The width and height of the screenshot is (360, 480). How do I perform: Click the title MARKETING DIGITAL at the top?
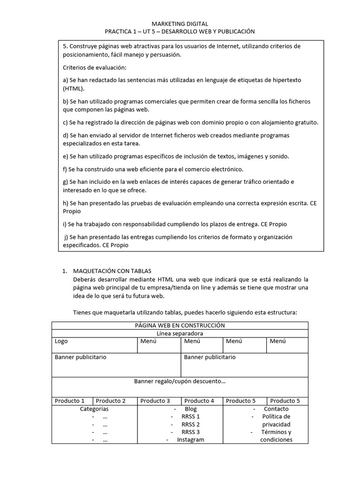click(x=180, y=23)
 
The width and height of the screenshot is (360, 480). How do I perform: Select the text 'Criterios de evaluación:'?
click(x=91, y=67)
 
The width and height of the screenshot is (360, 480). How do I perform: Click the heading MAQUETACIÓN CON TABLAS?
click(x=112, y=271)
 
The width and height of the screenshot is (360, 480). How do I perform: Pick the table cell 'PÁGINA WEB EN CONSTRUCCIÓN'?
click(x=180, y=325)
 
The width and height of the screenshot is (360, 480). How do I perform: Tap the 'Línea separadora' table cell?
click(x=180, y=333)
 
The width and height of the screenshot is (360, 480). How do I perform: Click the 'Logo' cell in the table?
click(x=61, y=341)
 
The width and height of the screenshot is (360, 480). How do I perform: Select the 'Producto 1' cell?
click(x=70, y=401)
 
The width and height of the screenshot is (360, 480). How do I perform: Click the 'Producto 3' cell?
click(x=155, y=401)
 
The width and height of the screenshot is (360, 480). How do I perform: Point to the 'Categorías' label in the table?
click(x=94, y=409)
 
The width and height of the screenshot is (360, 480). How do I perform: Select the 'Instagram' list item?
click(x=191, y=440)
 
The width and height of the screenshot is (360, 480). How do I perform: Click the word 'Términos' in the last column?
click(x=276, y=432)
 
